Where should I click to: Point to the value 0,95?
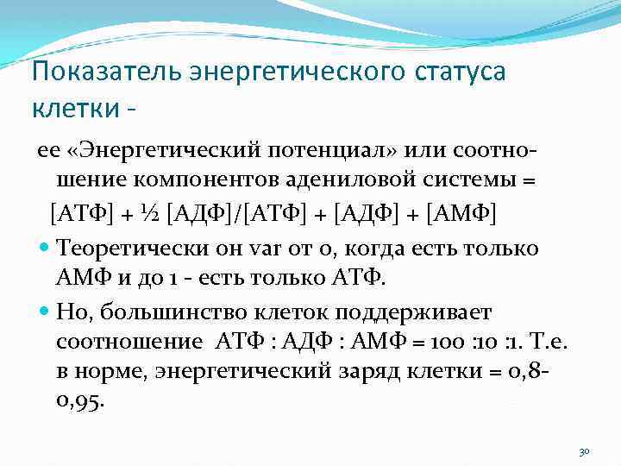click(x=80, y=400)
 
